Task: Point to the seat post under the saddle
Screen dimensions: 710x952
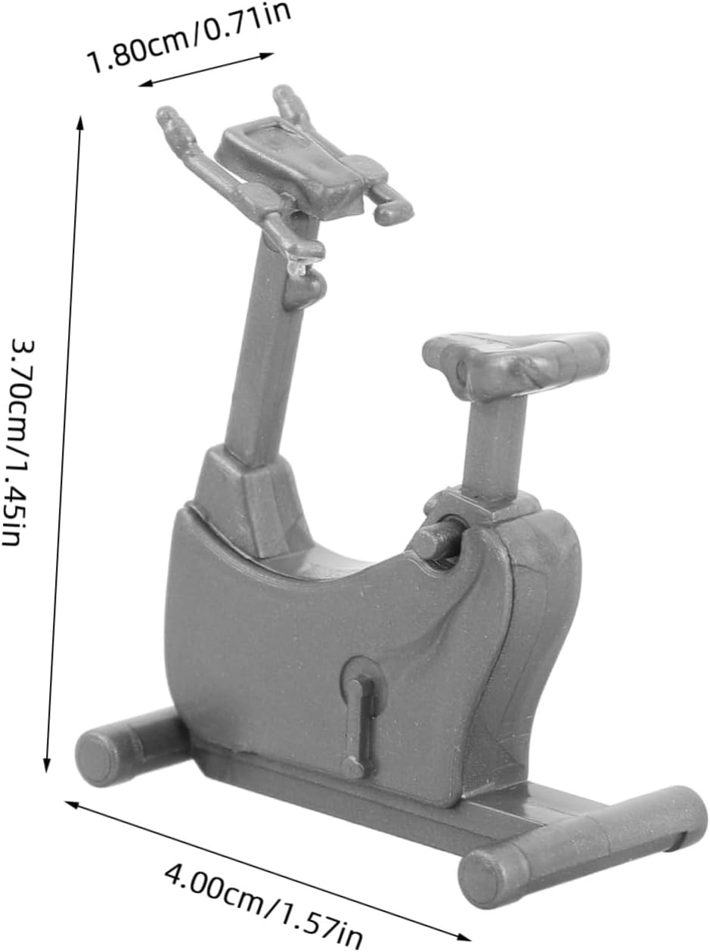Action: click(495, 447)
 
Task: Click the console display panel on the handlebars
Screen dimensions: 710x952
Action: click(299, 164)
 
